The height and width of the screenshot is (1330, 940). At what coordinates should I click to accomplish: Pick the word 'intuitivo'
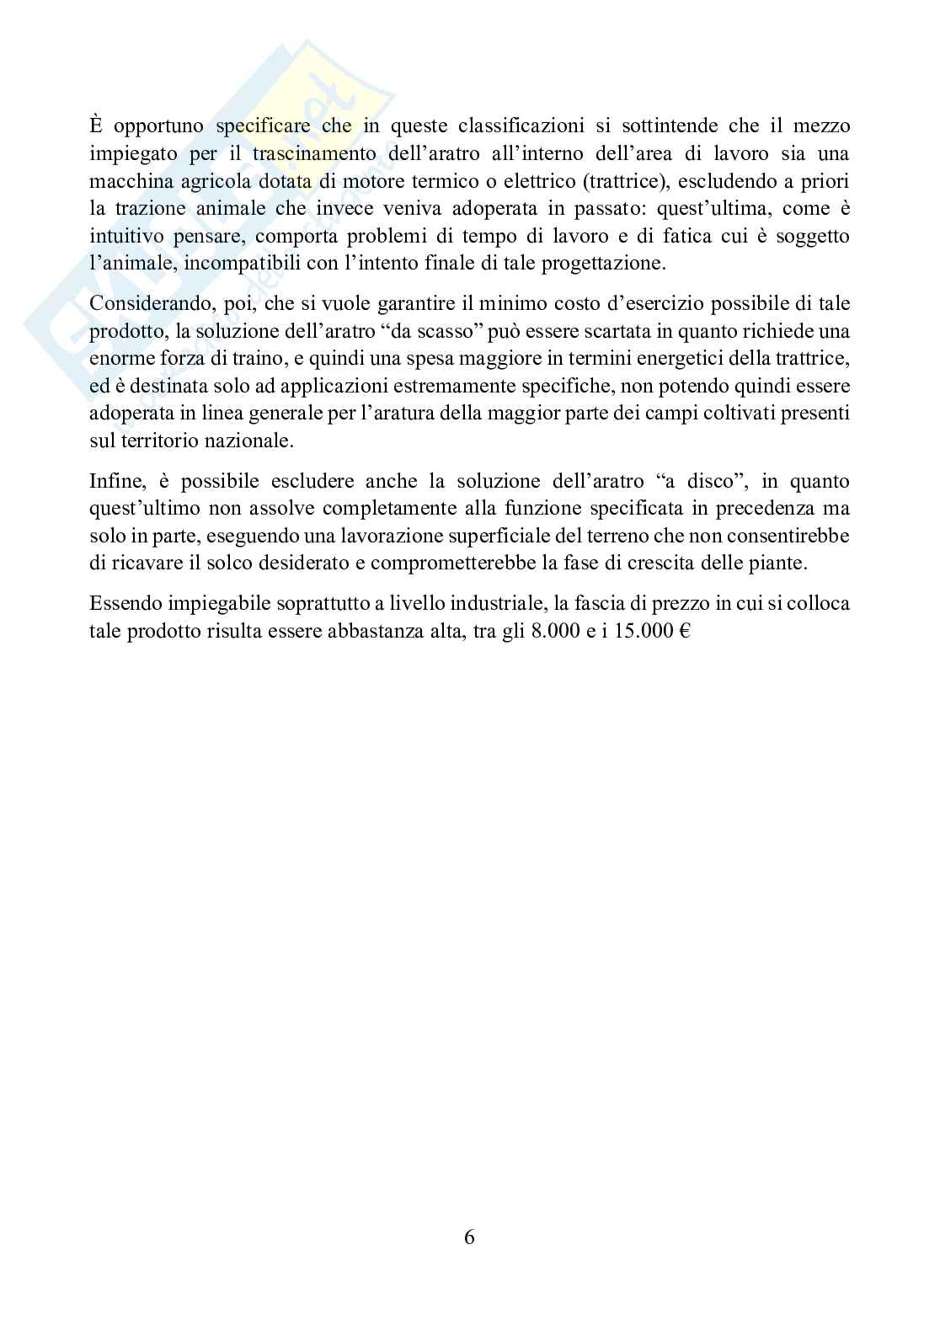point(123,237)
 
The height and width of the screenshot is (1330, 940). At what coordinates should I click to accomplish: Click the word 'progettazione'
point(606,264)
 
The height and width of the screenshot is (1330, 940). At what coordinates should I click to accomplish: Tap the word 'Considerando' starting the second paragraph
point(145,304)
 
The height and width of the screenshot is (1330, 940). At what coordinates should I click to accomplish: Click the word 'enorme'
point(116,359)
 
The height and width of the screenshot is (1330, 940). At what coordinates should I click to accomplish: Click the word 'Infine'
point(116,482)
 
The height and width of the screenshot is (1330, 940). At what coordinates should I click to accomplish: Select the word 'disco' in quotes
point(712,482)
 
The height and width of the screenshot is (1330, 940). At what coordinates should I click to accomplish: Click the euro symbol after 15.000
point(683,632)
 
